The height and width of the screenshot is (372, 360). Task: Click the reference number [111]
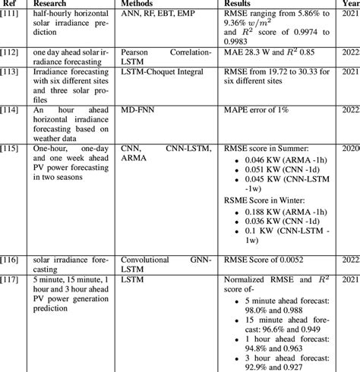click(11, 15)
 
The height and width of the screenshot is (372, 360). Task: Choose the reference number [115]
click(11, 147)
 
